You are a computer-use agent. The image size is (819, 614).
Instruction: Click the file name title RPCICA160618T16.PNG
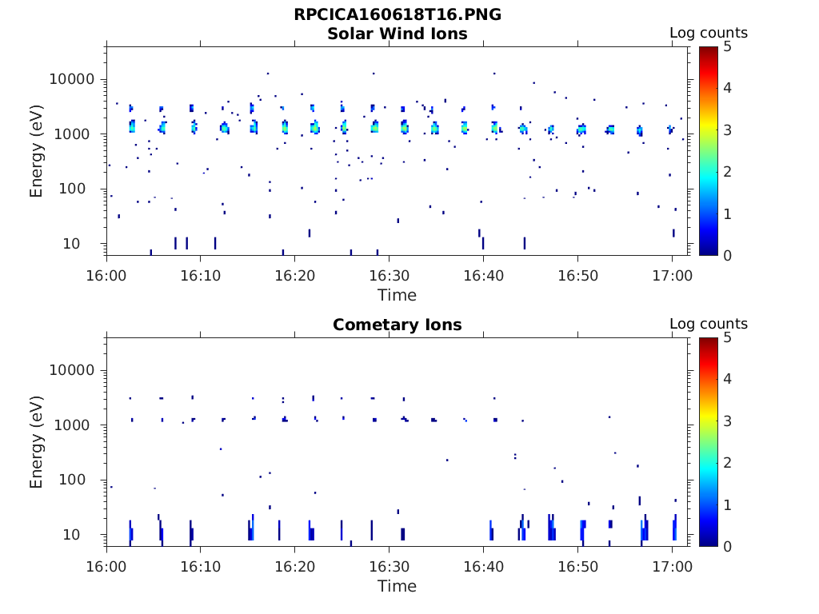pos(398,14)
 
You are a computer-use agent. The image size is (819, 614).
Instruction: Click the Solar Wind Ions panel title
pos(398,34)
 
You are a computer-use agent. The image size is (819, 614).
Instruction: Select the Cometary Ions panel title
pos(398,325)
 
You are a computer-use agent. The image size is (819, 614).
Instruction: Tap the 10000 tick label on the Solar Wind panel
pos(73,79)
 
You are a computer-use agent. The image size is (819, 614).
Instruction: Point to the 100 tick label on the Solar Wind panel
pos(82,189)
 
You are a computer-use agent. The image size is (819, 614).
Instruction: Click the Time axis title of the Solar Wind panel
pos(398,295)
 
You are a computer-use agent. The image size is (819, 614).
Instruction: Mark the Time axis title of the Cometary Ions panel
pos(398,586)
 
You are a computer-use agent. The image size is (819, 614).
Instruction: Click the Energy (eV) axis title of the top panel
pos(37,150)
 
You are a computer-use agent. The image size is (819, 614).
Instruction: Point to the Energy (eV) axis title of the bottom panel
pos(37,441)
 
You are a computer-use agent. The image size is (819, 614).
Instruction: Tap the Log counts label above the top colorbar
pos(709,33)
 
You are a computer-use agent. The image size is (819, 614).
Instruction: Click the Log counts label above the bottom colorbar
pos(709,324)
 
